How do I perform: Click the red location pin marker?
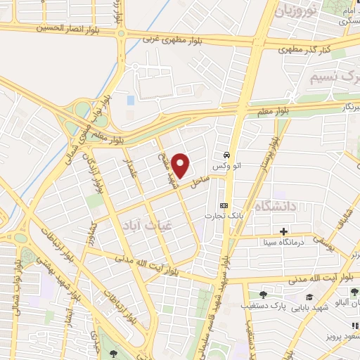181,165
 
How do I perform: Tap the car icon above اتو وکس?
226,154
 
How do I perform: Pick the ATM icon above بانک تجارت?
224,205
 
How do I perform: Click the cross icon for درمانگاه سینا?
283,231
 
